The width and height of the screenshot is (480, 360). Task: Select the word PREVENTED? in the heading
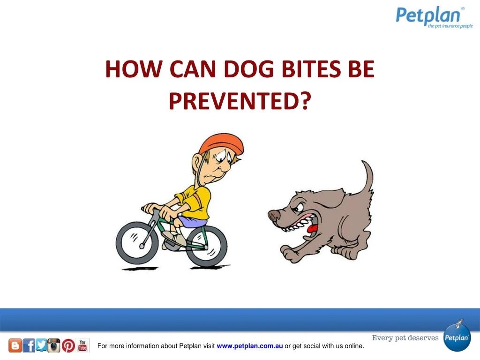click(240, 100)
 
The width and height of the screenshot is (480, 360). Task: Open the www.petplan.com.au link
click(249, 346)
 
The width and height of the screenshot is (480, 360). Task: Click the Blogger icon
click(15, 346)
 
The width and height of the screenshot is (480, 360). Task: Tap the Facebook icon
click(29, 346)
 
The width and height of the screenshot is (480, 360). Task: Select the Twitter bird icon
click(41, 346)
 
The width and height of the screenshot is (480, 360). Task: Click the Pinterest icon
click(68, 346)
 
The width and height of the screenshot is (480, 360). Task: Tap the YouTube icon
click(82, 345)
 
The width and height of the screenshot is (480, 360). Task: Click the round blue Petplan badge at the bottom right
click(457, 337)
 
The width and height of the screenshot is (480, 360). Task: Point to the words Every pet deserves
click(405, 337)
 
